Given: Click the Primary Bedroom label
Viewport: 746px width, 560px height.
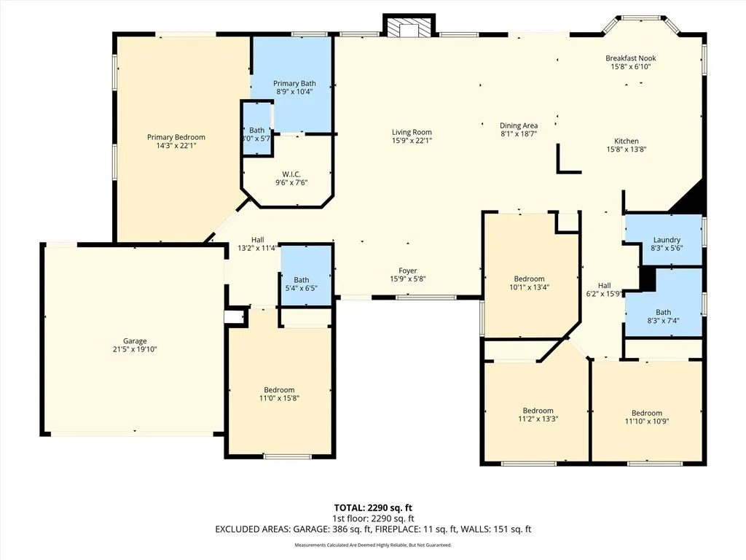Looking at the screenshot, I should pyautogui.click(x=176, y=137).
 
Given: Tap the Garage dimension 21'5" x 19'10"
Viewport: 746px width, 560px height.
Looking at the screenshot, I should pyautogui.click(x=135, y=349).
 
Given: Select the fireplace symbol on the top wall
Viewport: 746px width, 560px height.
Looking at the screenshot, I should pyautogui.click(x=409, y=27).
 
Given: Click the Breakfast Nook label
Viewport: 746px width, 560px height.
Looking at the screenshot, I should pyautogui.click(x=630, y=58).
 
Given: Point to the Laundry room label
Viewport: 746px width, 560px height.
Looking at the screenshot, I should pyautogui.click(x=666, y=240).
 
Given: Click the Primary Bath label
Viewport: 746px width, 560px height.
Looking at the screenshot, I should pyautogui.click(x=294, y=84).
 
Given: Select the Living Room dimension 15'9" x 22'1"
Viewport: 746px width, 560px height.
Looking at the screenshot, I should pyautogui.click(x=412, y=141).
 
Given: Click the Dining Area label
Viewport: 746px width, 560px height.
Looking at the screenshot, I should pyautogui.click(x=518, y=125).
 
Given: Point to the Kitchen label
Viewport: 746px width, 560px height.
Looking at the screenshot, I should pyautogui.click(x=626, y=141).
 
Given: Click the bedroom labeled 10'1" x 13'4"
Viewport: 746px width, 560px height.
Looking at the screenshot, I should pyautogui.click(x=529, y=283).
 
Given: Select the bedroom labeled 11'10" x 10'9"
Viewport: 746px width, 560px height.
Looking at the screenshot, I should pyautogui.click(x=646, y=417).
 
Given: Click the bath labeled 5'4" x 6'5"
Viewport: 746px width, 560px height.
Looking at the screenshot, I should pyautogui.click(x=301, y=284).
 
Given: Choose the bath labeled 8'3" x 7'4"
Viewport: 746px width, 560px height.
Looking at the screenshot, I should pyautogui.click(x=663, y=316).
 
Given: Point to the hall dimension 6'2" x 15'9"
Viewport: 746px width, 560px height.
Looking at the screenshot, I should pyautogui.click(x=604, y=295).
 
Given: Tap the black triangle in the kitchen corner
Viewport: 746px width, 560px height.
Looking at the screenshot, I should pyautogui.click(x=688, y=199).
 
